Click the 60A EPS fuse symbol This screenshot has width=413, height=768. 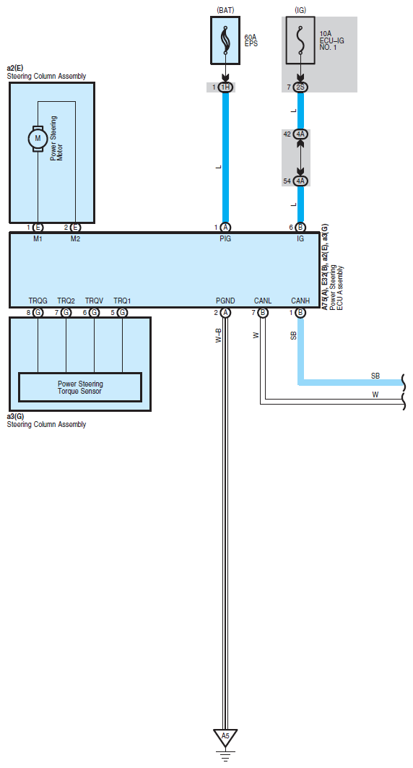coord(225,40)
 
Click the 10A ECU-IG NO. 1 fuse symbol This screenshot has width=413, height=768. coord(300,40)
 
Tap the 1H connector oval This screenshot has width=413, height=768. coord(225,87)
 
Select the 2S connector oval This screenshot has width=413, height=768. coord(300,87)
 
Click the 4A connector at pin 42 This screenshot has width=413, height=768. coord(300,134)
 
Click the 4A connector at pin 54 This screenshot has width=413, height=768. coord(300,181)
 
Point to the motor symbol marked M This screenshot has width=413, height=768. coord(38,139)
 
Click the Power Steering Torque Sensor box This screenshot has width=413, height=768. coord(79,387)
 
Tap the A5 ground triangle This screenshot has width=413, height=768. coord(225,737)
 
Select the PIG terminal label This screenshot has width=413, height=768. coord(225,238)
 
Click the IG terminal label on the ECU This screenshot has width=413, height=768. coord(300,238)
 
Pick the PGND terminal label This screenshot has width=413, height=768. coord(225,301)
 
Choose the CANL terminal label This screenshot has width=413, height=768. coord(263,301)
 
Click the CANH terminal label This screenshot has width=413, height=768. coord(300,301)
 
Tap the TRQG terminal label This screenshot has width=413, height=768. coord(38,301)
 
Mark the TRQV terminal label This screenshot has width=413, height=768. coord(94,301)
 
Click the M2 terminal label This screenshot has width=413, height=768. coord(75,238)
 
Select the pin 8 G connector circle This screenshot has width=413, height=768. coord(38,313)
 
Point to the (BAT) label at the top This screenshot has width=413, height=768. coord(225,10)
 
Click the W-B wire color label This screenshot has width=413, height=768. coord(219,335)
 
